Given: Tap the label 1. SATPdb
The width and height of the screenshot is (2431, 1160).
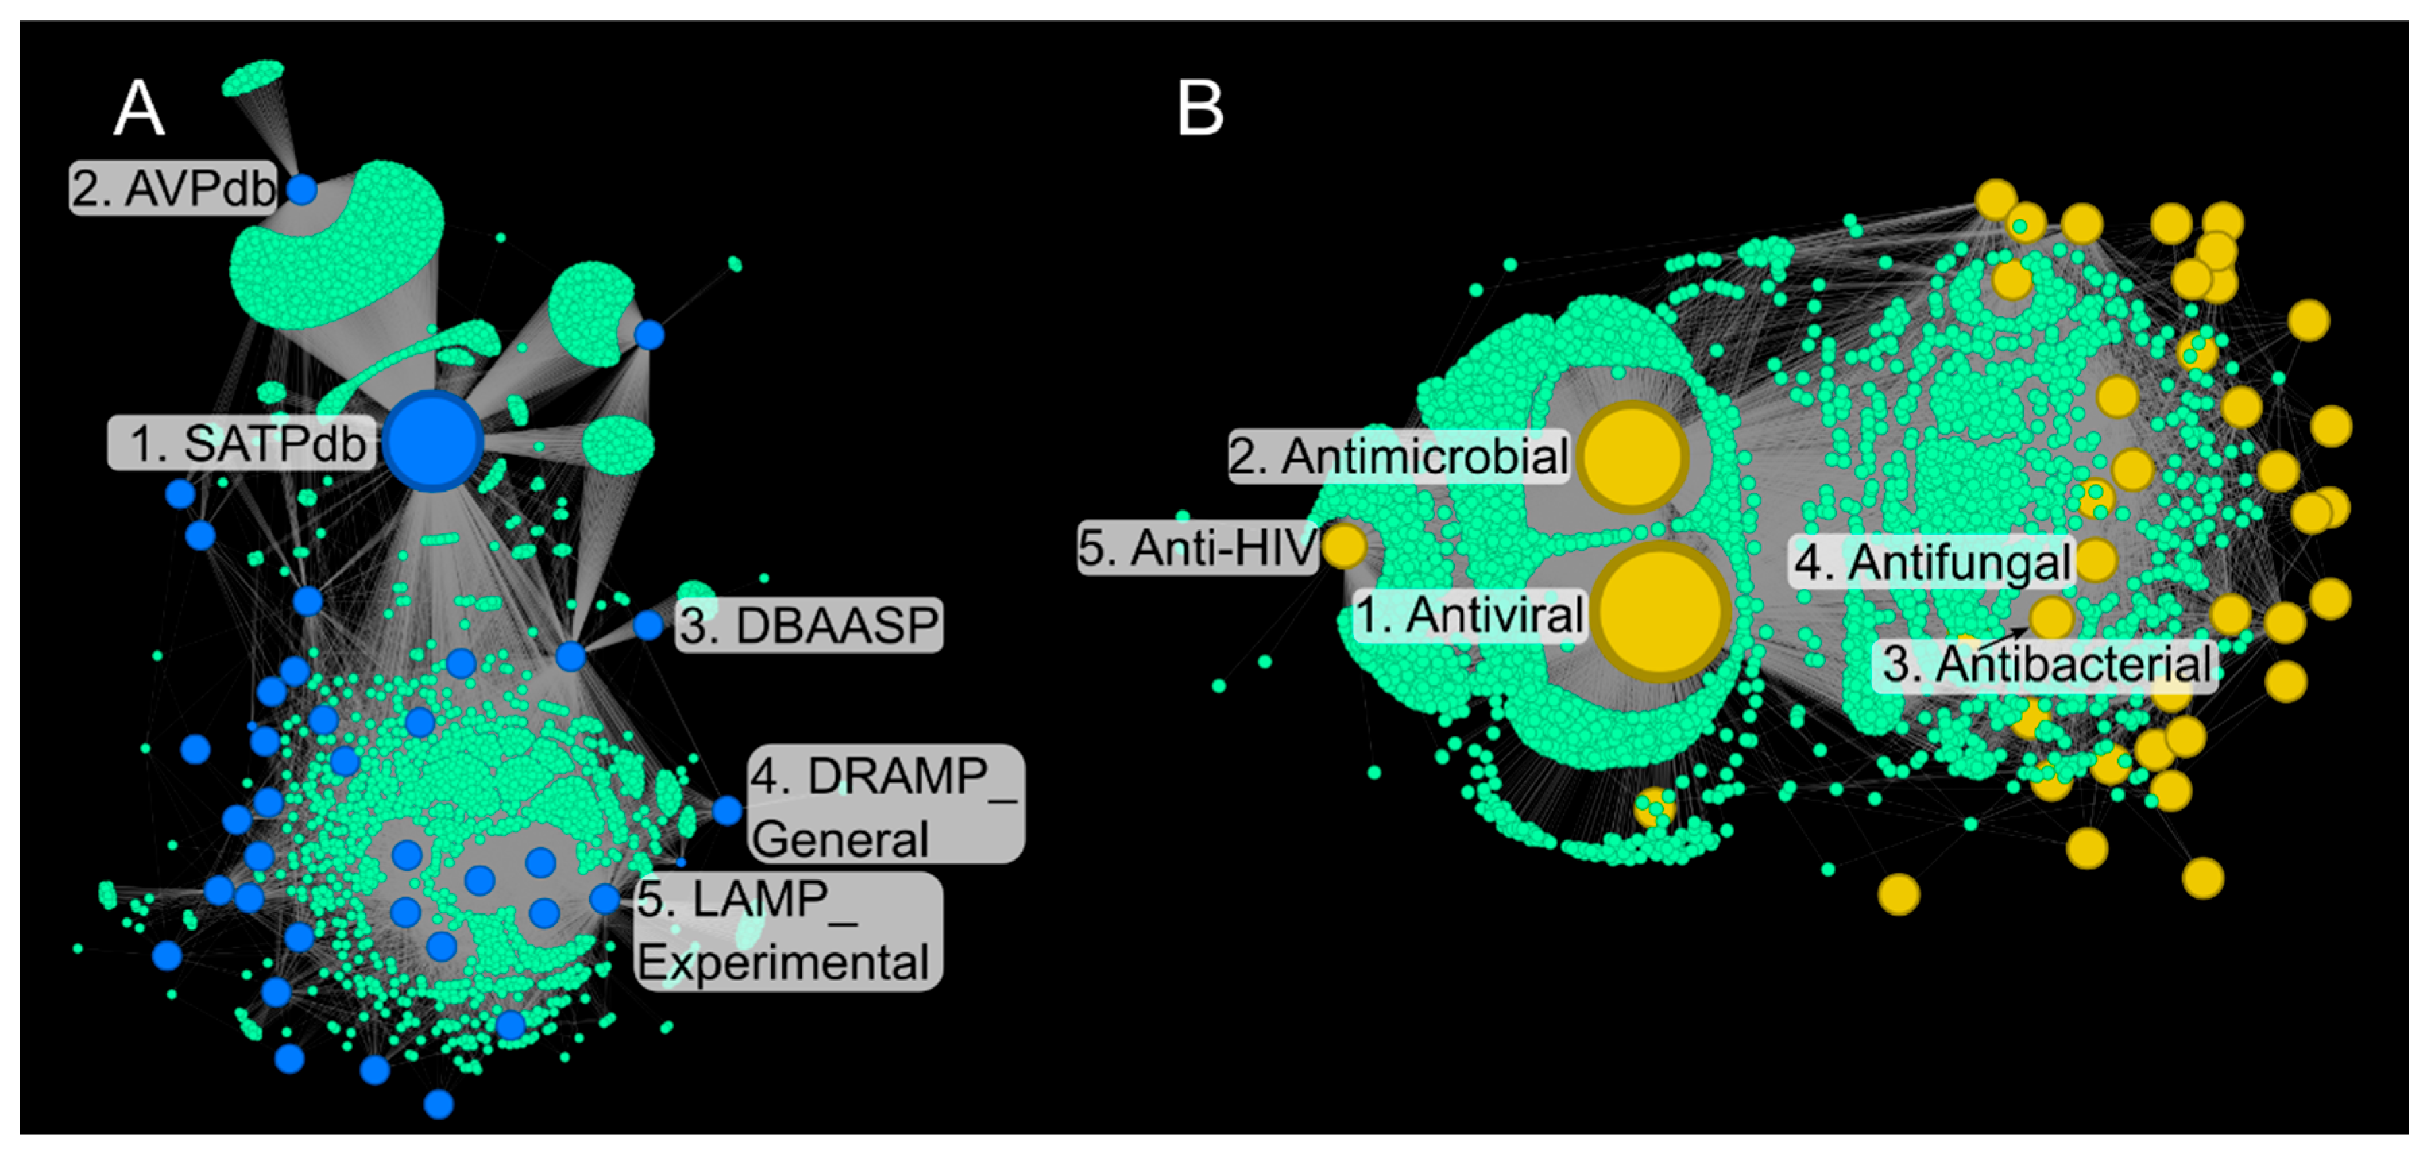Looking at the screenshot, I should tap(243, 442).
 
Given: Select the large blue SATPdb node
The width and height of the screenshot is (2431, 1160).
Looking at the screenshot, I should tap(433, 441).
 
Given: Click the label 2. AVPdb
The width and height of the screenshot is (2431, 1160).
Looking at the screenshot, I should tap(173, 188).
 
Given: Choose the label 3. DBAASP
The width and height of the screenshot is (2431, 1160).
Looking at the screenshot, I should tap(809, 625).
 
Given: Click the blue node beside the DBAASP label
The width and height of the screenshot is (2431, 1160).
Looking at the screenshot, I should tap(648, 625).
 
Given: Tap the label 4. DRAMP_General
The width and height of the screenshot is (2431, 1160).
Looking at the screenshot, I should tap(885, 804).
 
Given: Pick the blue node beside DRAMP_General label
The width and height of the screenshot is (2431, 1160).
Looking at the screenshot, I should tap(727, 810).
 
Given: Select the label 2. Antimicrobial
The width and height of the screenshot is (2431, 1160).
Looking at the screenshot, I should tap(1399, 457).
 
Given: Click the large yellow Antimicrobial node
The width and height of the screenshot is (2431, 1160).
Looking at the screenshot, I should tap(1633, 457).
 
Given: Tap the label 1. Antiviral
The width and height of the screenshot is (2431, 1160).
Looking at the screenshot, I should tap(1469, 615).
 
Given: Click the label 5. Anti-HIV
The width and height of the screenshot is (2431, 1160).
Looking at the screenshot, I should tap(1197, 548).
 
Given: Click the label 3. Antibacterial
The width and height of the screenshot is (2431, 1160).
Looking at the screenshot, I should tap(2044, 664).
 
